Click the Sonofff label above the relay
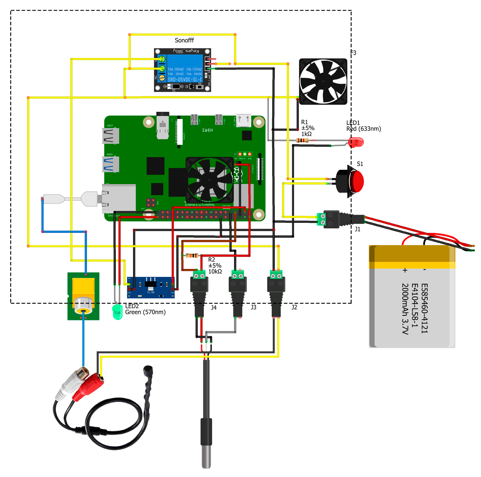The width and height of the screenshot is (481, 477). tap(184, 40)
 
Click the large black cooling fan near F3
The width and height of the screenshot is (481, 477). tap(323, 81)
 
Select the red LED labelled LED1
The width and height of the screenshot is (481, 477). tap(356, 142)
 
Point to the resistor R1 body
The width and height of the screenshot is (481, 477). tap(303, 140)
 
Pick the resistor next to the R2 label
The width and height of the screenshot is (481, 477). tap(192, 255)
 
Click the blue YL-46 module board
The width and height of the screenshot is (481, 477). tap(151, 287)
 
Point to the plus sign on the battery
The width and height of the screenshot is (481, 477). tap(405, 270)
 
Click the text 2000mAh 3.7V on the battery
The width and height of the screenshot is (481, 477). tap(405, 309)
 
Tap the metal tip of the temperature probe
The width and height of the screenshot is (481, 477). tap(206, 456)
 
